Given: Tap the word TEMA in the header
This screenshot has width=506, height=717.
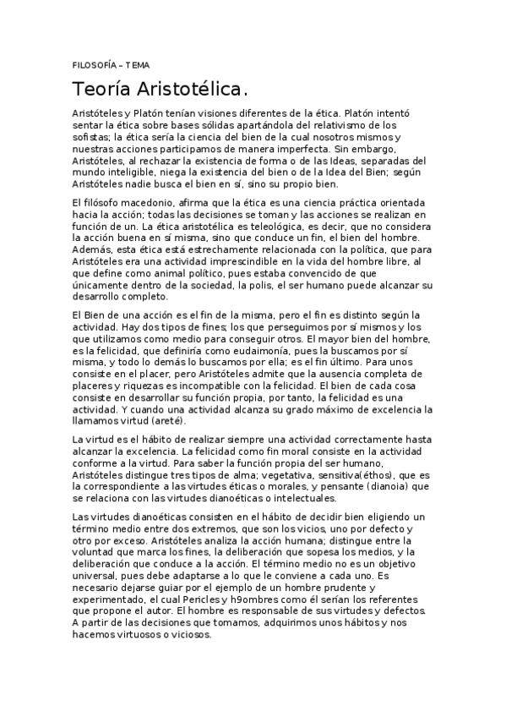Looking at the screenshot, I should (x=136, y=65).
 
